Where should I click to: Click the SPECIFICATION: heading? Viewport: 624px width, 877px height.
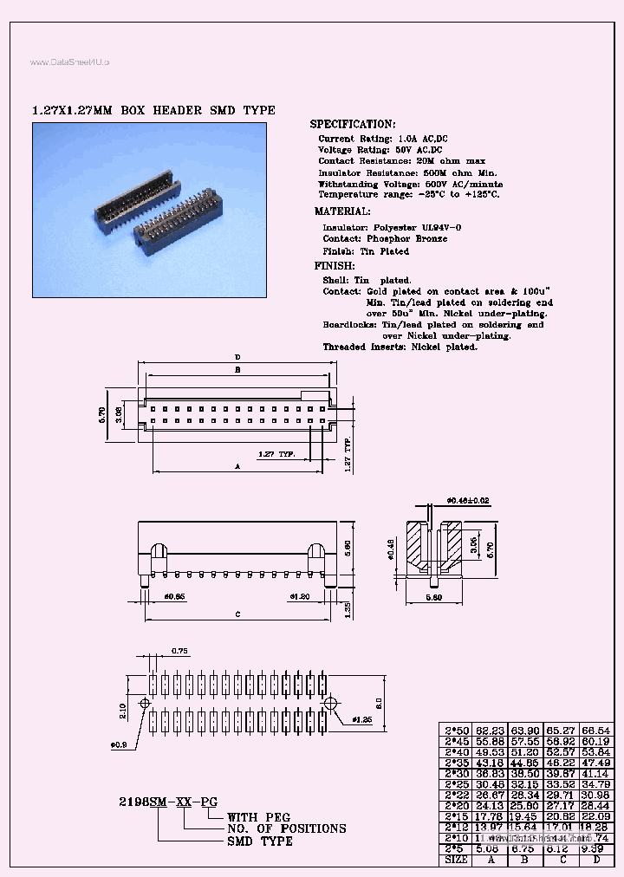coord(353,125)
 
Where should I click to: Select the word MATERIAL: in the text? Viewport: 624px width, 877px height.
coord(342,211)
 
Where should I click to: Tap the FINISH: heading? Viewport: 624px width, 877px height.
coord(334,266)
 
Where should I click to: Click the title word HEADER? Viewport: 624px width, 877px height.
coord(179,110)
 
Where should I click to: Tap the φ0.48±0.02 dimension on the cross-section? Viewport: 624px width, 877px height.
coord(469,500)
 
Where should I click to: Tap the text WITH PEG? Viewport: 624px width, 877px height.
coord(258,817)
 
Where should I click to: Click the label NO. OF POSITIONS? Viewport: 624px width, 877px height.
coord(286,829)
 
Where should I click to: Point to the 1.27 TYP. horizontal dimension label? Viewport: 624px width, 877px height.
coord(276,453)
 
